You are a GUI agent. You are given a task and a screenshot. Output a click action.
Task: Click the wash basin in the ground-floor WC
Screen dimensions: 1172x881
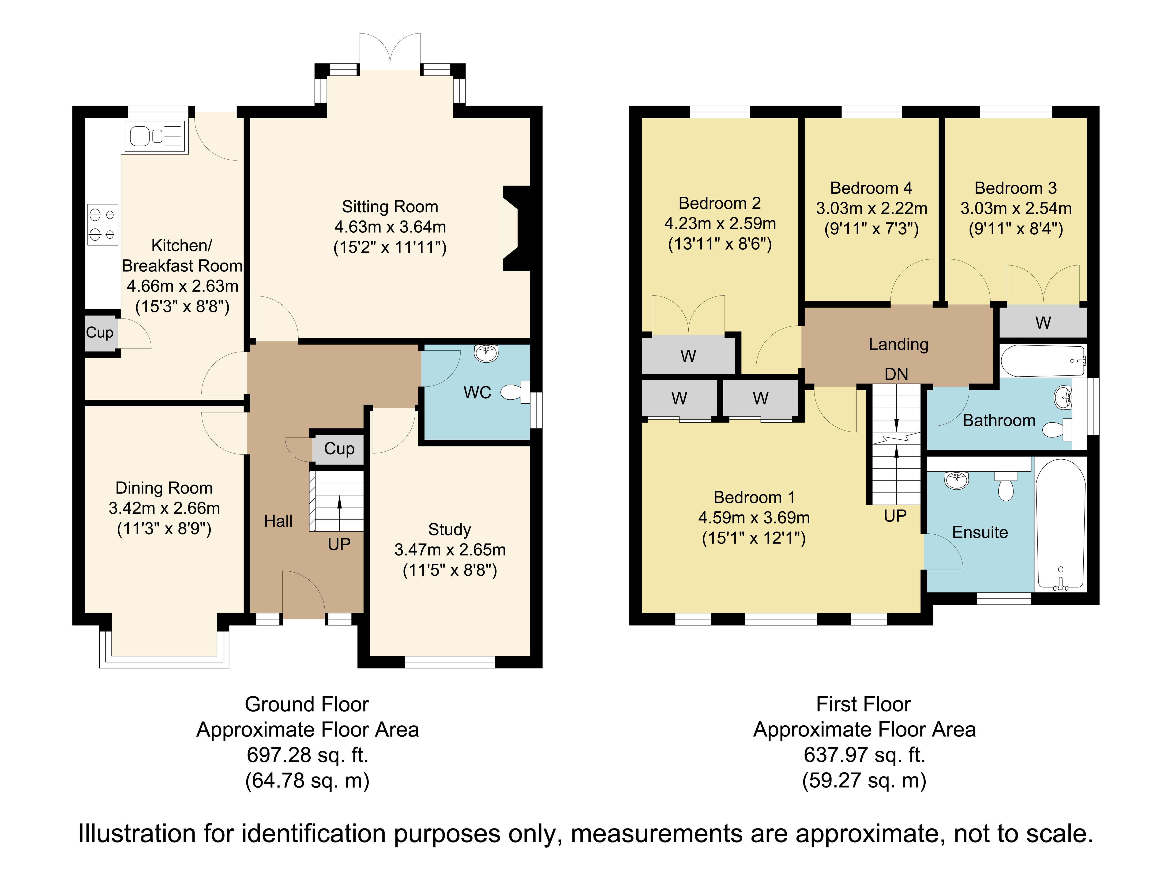pos(486,353)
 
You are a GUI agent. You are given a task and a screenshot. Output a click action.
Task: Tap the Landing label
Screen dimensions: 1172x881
pos(899,344)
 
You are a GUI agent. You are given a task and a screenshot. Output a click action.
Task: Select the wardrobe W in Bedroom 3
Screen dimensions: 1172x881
pos(1043,322)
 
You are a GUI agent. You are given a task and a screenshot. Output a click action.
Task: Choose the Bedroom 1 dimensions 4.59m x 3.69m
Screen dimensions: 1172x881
pos(754,517)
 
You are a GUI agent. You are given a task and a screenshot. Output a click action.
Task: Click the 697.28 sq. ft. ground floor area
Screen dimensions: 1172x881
pos(307,755)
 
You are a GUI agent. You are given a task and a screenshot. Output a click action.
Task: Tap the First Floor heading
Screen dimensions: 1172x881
pos(864,704)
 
